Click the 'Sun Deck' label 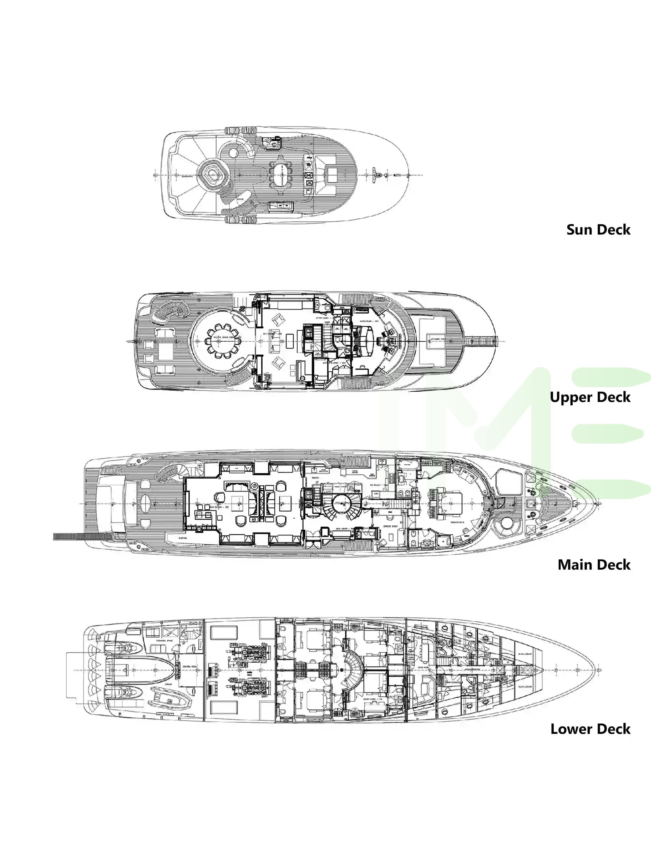tap(598, 230)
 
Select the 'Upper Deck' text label tap(590, 397)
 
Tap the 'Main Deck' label tap(594, 565)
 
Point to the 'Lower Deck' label tap(590, 729)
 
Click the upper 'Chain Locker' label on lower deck tap(524, 654)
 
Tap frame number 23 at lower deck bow tap(599, 670)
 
